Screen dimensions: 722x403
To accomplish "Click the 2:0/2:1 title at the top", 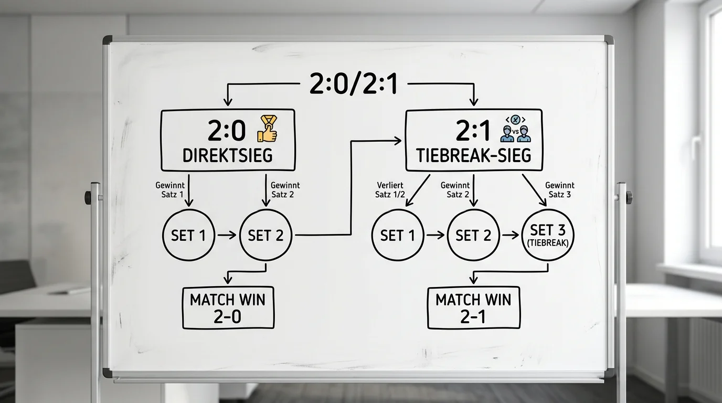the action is point(354,83).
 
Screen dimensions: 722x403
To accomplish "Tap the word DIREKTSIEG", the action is point(228,155).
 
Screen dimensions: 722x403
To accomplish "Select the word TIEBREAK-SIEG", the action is point(473,155).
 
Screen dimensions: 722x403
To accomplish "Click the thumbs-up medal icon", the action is point(267,129).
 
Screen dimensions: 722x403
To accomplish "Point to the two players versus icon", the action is point(515,129).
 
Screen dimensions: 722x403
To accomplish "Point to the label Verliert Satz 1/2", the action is point(390,190).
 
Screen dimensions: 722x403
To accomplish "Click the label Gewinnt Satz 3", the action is point(559,190).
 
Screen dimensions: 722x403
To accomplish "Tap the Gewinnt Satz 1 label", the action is point(170,190).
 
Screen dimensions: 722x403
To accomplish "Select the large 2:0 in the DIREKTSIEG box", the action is point(227,131).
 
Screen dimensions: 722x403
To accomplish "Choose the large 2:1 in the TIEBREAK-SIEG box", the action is point(473,131).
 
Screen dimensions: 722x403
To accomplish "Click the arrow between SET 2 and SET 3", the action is point(511,236).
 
